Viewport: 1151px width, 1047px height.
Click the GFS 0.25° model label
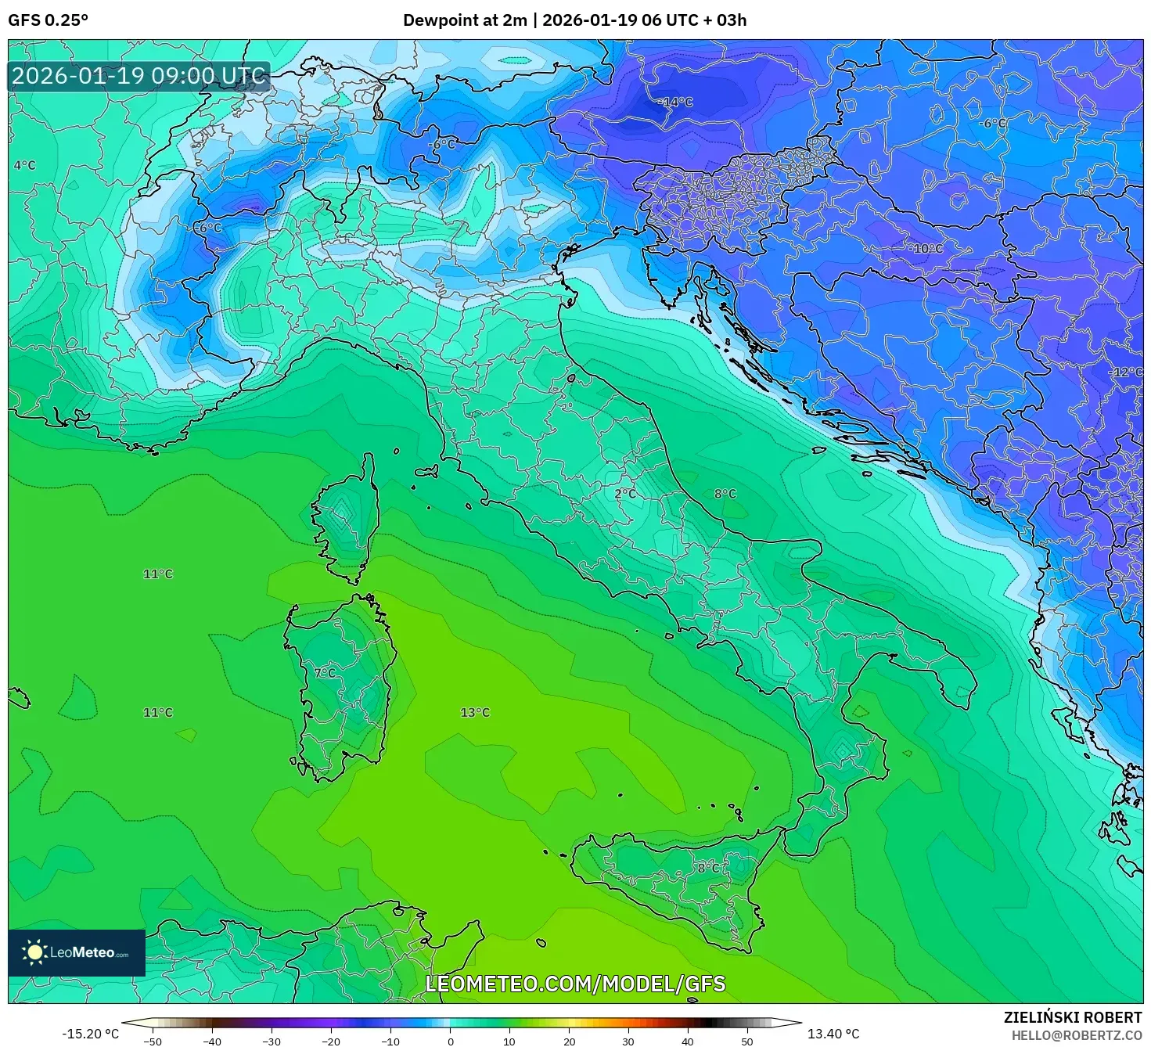(48, 20)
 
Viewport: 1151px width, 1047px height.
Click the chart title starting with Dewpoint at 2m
(574, 20)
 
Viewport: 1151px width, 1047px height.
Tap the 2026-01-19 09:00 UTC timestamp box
(139, 76)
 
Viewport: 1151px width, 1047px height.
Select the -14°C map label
(675, 102)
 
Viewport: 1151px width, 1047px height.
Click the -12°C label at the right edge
(1126, 372)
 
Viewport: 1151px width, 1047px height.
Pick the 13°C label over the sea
(475, 712)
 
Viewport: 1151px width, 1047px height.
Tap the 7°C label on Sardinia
(324, 672)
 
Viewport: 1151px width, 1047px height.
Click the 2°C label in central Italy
(625, 494)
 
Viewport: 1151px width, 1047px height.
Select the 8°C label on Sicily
(709, 868)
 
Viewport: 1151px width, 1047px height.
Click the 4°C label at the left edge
(24, 165)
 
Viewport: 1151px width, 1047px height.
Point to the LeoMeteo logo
(77, 952)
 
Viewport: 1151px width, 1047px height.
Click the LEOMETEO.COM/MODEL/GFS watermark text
(575, 984)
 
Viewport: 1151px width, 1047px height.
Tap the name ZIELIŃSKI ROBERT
(1073, 1017)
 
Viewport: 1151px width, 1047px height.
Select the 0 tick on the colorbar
(450, 1041)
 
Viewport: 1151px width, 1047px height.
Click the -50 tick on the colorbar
(153, 1041)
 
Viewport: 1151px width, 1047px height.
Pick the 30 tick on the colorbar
(628, 1041)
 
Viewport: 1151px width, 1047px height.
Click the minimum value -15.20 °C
(91, 1034)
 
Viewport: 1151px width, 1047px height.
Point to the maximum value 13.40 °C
(833, 1034)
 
